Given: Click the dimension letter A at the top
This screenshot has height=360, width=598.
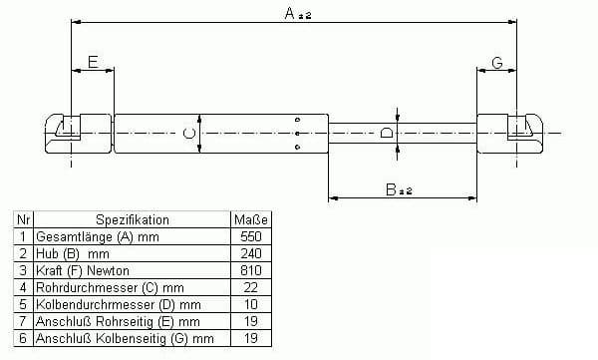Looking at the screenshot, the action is [289, 13].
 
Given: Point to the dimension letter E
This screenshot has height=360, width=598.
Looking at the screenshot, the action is [93, 62].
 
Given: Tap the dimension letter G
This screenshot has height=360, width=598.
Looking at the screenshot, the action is [497, 63].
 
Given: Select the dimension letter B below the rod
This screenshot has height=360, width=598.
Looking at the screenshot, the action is [391, 189].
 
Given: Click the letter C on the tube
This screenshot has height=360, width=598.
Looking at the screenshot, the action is [189, 134].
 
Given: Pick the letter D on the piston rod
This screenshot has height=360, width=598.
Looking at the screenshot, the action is [387, 133].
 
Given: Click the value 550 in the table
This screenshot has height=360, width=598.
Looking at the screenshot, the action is [251, 236].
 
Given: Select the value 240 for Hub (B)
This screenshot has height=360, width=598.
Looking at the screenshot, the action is [251, 253].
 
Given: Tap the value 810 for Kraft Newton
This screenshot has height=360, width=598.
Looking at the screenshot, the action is [251, 270].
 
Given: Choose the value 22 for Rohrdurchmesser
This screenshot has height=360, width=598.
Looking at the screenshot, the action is [250, 287].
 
